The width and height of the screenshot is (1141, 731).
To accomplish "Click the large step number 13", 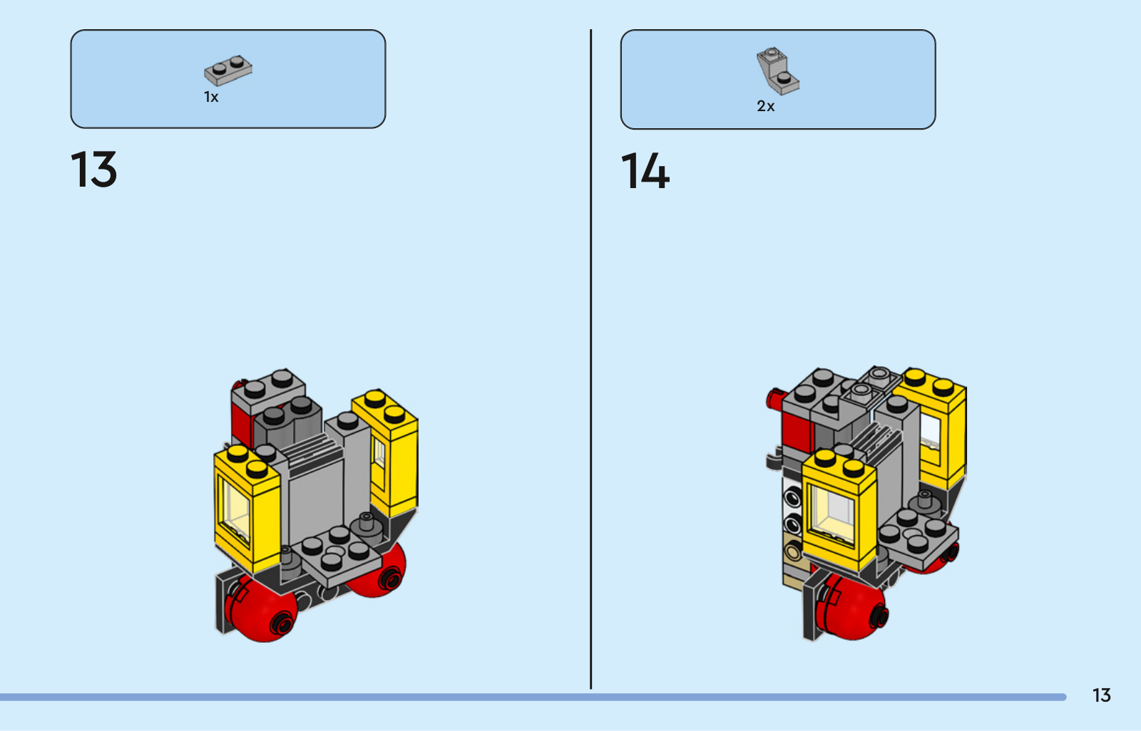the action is click(x=93, y=169).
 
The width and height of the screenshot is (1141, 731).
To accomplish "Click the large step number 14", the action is click(x=645, y=171).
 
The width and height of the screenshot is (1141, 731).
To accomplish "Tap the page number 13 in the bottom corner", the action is click(x=1101, y=695).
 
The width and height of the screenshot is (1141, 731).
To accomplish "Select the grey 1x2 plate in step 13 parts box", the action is click(x=227, y=71).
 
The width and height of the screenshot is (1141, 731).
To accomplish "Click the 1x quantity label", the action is click(x=211, y=97).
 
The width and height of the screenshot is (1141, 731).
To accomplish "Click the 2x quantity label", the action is click(x=766, y=106).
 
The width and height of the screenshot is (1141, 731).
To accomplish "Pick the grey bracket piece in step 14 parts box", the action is click(x=777, y=71).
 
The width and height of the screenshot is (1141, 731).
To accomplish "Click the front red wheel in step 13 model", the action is click(x=261, y=609).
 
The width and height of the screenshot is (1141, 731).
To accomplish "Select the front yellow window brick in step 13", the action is click(x=247, y=509).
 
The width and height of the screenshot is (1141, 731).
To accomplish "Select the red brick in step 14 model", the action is click(x=798, y=432).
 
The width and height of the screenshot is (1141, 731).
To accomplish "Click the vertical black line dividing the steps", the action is click(x=591, y=359).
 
